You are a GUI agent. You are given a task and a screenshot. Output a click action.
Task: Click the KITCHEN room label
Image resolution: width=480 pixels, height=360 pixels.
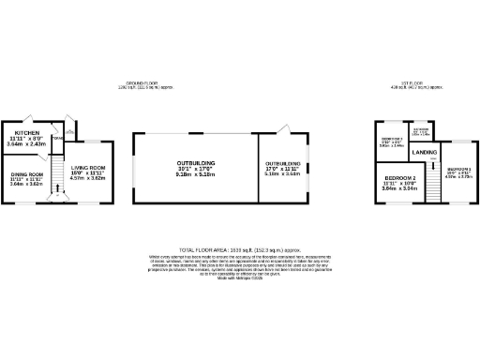[26, 133]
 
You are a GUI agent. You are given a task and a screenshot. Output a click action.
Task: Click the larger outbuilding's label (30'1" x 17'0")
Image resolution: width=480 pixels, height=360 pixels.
[195, 163]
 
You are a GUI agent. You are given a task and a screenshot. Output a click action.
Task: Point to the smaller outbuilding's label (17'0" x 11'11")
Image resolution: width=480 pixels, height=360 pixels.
[282, 163]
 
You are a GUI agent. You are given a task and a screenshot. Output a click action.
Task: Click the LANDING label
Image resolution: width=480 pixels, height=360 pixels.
[424, 152]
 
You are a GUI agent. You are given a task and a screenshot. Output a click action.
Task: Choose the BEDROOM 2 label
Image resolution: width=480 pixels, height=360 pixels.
[399, 177]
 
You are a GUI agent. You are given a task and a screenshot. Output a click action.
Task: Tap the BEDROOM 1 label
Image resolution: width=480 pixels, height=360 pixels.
[458, 168]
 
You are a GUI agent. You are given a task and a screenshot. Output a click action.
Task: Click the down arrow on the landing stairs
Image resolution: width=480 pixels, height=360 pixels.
[433, 162]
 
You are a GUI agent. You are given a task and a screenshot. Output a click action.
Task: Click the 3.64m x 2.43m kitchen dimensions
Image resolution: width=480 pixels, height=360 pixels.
[26, 144]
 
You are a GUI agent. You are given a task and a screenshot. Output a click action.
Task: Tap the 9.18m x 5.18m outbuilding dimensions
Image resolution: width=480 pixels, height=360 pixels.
[195, 175]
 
